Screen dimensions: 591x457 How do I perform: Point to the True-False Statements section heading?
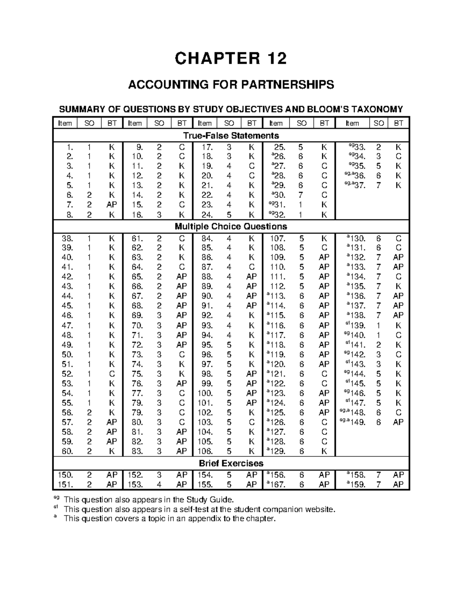click(x=231, y=136)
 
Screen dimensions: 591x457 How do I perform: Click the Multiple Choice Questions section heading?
click(x=231, y=226)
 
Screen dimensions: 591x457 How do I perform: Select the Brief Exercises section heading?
click(x=231, y=463)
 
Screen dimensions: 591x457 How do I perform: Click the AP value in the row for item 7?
click(x=112, y=205)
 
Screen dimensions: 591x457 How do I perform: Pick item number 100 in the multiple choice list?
click(x=205, y=393)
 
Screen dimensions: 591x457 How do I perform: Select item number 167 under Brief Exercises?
click(x=278, y=485)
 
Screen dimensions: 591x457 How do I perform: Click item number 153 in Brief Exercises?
click(x=135, y=485)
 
